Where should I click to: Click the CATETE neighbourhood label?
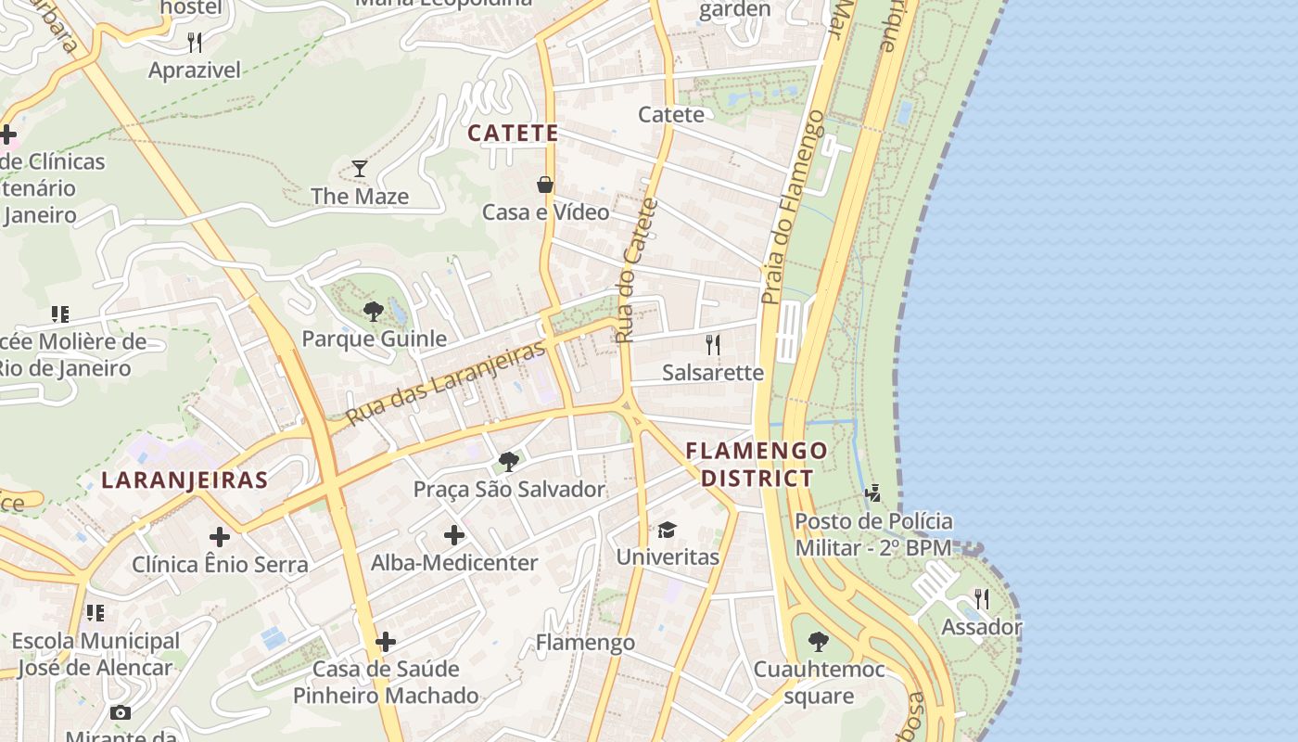513,134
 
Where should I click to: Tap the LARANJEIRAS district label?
185,480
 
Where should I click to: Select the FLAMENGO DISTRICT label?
757,465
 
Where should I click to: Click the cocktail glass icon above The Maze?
360,168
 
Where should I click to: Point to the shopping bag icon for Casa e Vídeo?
545,185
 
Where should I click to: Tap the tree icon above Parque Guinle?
374,311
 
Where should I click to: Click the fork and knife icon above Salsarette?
713,345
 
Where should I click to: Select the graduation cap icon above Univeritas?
667,530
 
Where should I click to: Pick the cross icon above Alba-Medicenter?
454,534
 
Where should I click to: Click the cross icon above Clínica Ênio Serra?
220,536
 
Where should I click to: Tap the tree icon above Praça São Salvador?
508,461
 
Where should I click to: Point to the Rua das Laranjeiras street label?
446,384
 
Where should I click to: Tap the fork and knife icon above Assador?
982,598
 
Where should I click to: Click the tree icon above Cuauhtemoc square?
818,641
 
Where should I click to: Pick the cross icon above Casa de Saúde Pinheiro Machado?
386,641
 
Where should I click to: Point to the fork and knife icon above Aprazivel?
195,42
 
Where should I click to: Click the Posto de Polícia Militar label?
873,534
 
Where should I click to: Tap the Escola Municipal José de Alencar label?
95,654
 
